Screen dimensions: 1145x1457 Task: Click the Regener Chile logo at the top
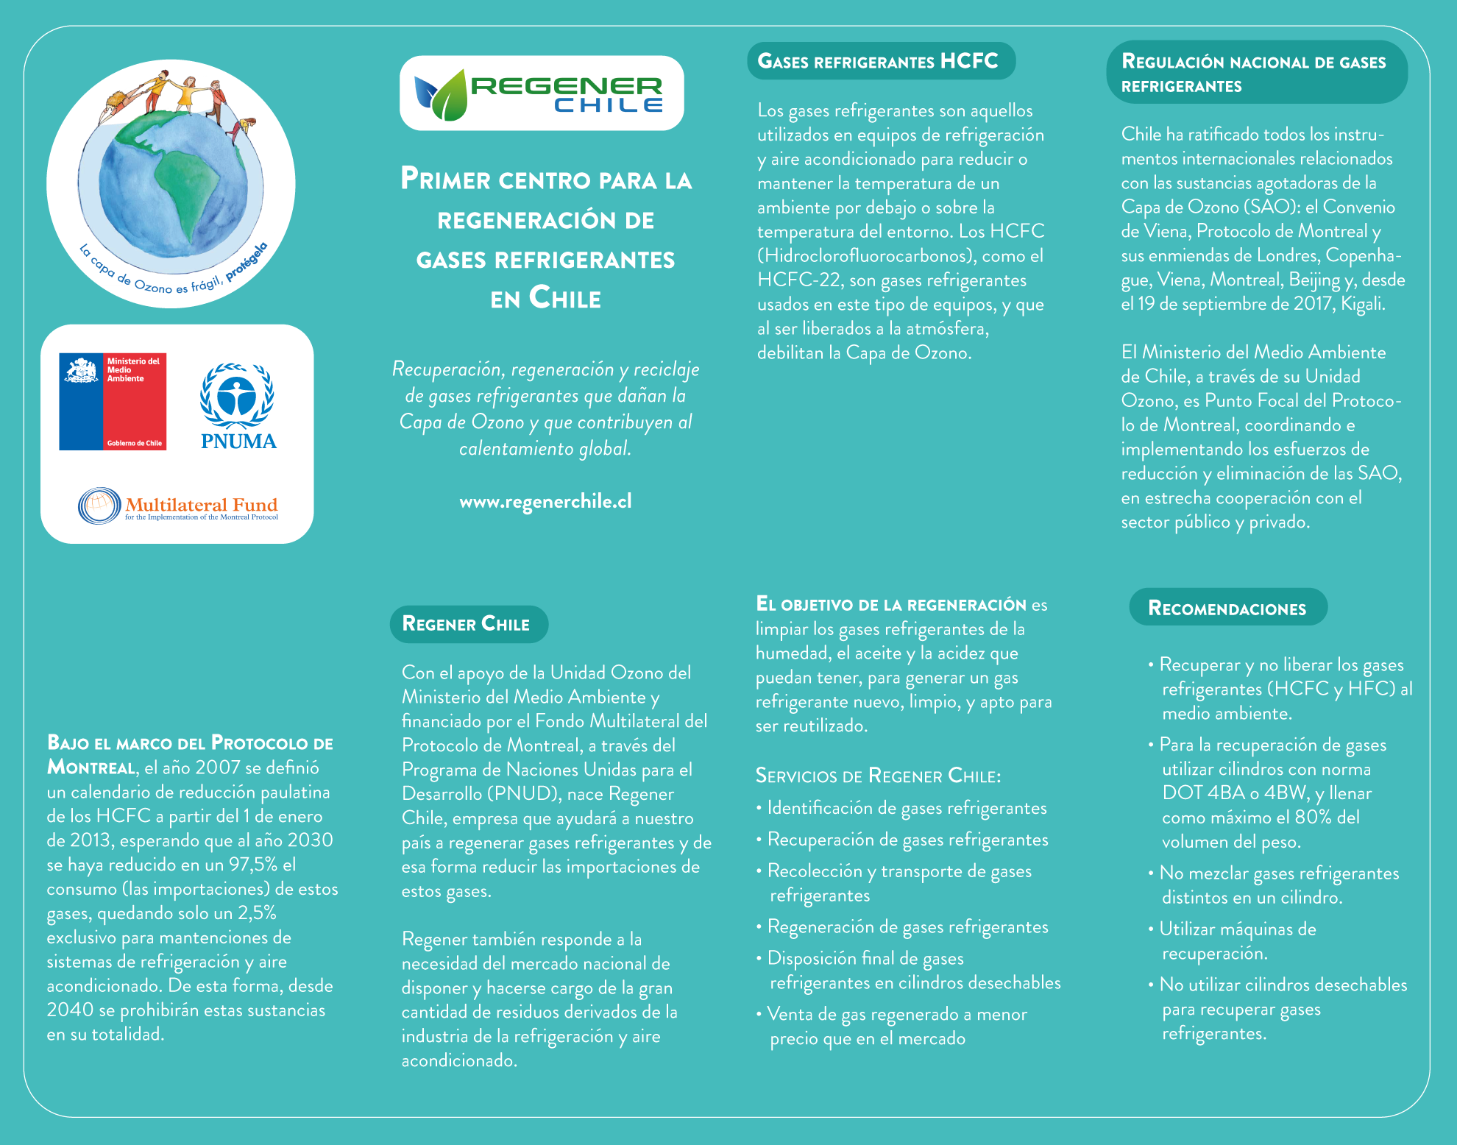[542, 93]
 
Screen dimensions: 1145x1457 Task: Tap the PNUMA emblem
[238, 405]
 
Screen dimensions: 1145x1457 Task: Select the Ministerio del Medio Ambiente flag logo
[113, 402]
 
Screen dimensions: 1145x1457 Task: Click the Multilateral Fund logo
[178, 506]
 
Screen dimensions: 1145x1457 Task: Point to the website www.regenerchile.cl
[545, 502]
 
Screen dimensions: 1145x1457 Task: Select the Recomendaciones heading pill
[1227, 608]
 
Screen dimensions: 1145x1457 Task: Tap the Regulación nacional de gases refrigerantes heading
[1255, 73]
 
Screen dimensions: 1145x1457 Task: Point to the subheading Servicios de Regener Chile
[878, 776]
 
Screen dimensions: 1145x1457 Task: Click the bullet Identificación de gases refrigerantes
[906, 808]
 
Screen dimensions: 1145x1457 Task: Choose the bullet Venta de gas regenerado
[896, 1026]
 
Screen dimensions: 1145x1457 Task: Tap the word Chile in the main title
[565, 299]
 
